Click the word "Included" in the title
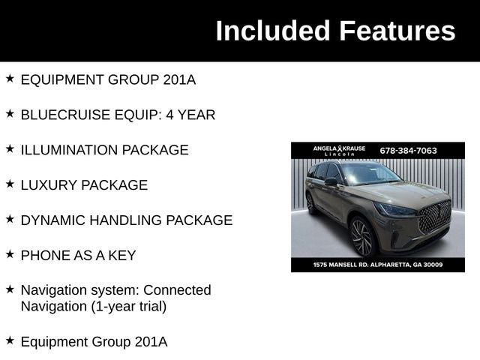[x=272, y=31]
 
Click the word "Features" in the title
[x=397, y=31]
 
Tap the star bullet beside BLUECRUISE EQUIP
[x=10, y=113]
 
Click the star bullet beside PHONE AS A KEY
[x=10, y=254]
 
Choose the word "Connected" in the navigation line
[x=177, y=290]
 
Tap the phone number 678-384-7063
[x=409, y=150]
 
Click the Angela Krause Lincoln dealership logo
[x=339, y=150]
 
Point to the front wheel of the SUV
[x=361, y=238]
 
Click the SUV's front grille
[x=433, y=217]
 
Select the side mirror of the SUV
[x=331, y=182]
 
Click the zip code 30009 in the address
[x=432, y=265]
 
